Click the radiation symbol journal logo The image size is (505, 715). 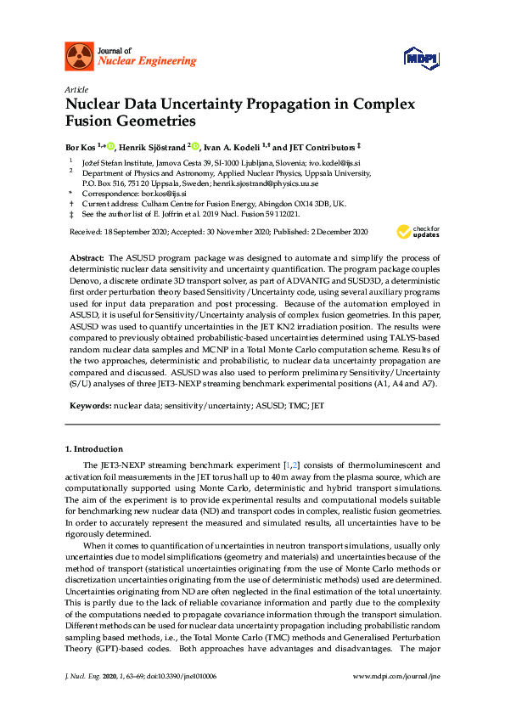click(x=80, y=56)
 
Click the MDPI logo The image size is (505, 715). click(x=422, y=58)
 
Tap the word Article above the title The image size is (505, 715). click(x=76, y=89)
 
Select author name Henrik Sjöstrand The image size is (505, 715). click(x=154, y=146)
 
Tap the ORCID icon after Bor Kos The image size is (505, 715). click(x=111, y=146)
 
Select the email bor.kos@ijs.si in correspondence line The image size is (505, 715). click(x=165, y=194)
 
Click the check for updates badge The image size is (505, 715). click(x=418, y=231)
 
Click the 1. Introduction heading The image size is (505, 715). click(x=94, y=448)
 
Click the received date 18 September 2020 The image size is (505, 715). click(x=137, y=232)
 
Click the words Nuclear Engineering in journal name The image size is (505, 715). click(x=148, y=61)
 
